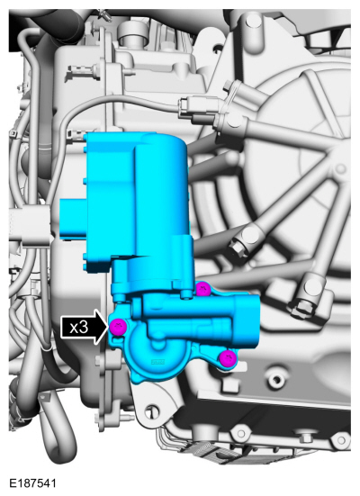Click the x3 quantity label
78,328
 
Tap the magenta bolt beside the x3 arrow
118,327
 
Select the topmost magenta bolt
203,289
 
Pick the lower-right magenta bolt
228,359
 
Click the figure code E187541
32,483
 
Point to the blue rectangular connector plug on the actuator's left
74,218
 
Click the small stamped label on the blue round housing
157,362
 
